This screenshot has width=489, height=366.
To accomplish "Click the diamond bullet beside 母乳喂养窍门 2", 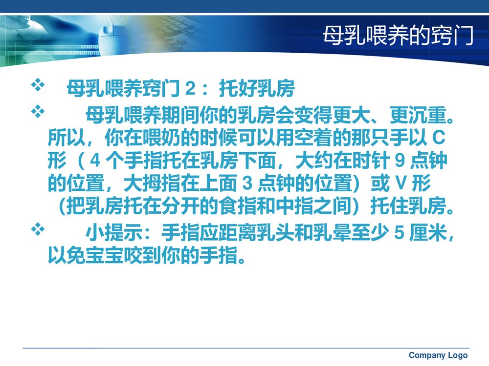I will tap(38, 86).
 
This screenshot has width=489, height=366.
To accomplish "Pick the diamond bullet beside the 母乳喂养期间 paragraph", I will tap(38, 112).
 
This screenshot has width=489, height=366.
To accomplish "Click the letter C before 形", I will tap(440, 139).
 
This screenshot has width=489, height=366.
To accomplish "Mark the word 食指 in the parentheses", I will tap(250, 207).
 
